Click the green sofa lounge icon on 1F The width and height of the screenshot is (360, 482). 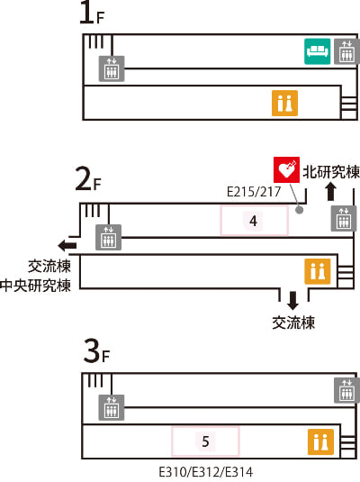(x=318, y=51)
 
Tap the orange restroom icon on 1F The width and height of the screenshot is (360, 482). (x=284, y=103)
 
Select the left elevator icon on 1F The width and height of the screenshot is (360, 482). (x=112, y=68)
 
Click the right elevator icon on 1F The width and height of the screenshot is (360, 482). (x=346, y=51)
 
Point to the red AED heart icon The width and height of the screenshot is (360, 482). (x=286, y=169)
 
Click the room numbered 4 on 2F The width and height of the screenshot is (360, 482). (x=254, y=221)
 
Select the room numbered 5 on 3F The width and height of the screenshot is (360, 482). (x=205, y=441)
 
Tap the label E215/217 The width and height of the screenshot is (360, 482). (x=254, y=192)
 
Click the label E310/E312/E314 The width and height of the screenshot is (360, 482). (x=206, y=472)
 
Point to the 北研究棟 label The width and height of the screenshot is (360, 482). (x=331, y=171)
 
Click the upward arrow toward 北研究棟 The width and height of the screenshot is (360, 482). (x=331, y=192)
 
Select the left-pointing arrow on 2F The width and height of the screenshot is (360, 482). (x=67, y=245)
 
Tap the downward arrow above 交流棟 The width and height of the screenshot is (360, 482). (x=292, y=300)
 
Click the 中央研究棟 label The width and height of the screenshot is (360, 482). (x=36, y=286)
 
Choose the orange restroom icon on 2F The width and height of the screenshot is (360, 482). (x=318, y=271)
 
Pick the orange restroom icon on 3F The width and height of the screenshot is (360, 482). (x=320, y=441)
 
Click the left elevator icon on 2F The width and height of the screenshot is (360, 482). (x=108, y=237)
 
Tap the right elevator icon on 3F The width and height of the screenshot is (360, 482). (x=346, y=390)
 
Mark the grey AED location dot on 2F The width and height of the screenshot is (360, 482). (x=299, y=210)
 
